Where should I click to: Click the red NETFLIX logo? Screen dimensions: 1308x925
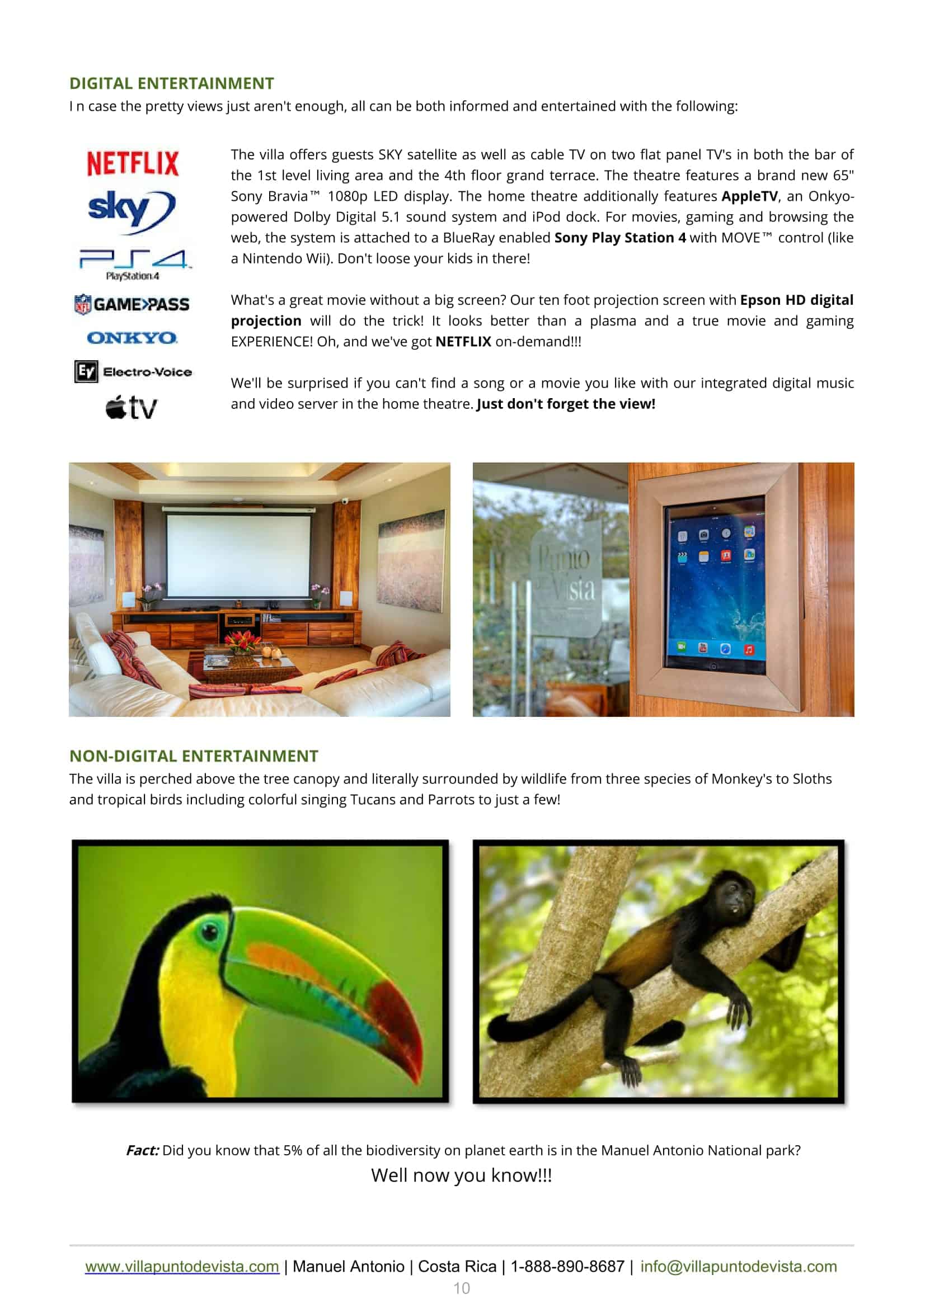(133, 163)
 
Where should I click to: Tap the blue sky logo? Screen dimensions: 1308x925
(132, 211)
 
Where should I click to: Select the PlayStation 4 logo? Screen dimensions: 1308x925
(134, 263)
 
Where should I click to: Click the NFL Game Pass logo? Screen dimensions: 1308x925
(132, 304)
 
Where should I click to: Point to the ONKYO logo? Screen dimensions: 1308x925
(132, 338)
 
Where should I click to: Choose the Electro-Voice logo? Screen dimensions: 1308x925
(133, 371)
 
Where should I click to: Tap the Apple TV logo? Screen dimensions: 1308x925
(131, 407)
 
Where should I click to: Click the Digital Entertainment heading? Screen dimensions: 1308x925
(172, 83)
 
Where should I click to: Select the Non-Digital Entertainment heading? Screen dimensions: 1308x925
(194, 755)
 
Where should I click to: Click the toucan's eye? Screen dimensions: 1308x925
(210, 932)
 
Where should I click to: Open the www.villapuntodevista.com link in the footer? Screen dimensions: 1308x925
(182, 1266)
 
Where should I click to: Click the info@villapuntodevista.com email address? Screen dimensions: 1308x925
(738, 1266)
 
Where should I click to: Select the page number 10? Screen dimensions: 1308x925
(462, 1287)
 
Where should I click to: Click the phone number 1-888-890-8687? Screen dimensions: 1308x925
(567, 1266)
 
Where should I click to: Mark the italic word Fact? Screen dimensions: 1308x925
(143, 1150)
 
